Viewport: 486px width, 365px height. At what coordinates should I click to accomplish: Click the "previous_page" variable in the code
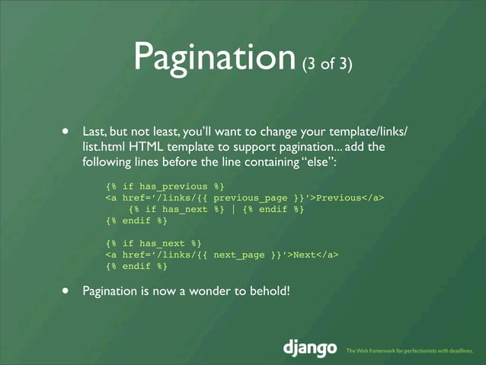251,198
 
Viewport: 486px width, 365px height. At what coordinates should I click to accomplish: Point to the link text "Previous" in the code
337,198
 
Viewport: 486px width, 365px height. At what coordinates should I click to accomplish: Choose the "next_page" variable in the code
239,255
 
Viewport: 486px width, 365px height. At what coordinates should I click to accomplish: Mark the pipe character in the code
232,210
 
